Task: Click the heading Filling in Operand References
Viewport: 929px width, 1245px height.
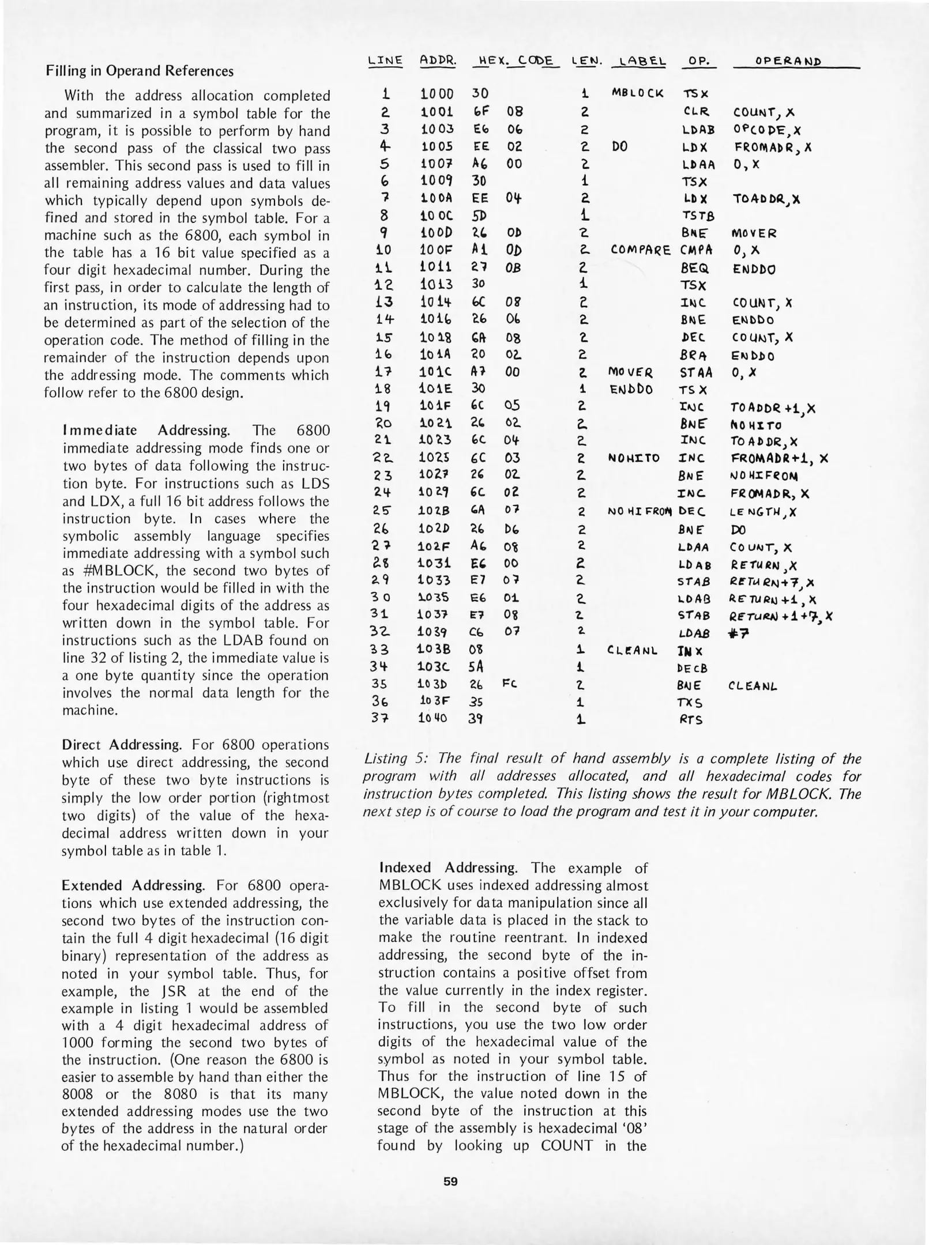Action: tap(140, 71)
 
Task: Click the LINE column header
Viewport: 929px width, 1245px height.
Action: tap(385, 61)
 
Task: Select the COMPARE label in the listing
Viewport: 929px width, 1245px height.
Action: tap(640, 250)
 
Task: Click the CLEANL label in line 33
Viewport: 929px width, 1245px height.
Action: tap(633, 651)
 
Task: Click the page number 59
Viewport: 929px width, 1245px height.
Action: tap(450, 1182)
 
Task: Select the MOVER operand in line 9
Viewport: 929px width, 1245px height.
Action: tap(754, 233)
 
